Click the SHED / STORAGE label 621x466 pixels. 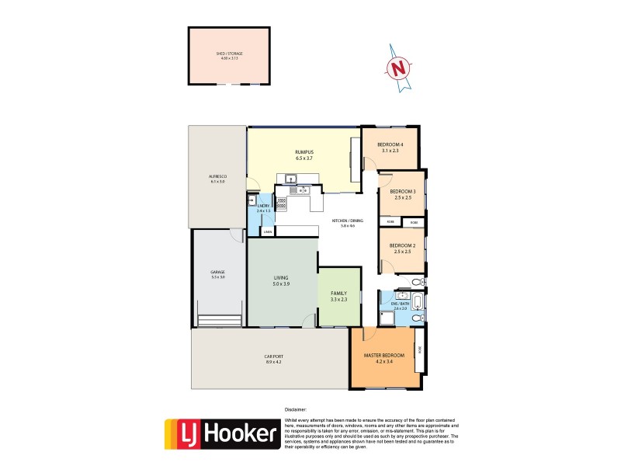[x=230, y=54]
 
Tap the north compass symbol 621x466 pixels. [x=399, y=68]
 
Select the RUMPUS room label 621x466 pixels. [x=304, y=152]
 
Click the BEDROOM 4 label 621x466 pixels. [x=390, y=144]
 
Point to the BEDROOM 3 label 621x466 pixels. [x=402, y=191]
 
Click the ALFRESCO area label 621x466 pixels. [x=217, y=176]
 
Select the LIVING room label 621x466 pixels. [x=281, y=277]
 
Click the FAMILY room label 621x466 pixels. [x=339, y=293]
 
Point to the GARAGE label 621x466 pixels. [x=217, y=272]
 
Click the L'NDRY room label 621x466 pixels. [x=262, y=205]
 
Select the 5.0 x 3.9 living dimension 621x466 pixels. [x=281, y=284]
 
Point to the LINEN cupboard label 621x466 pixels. [x=267, y=231]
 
